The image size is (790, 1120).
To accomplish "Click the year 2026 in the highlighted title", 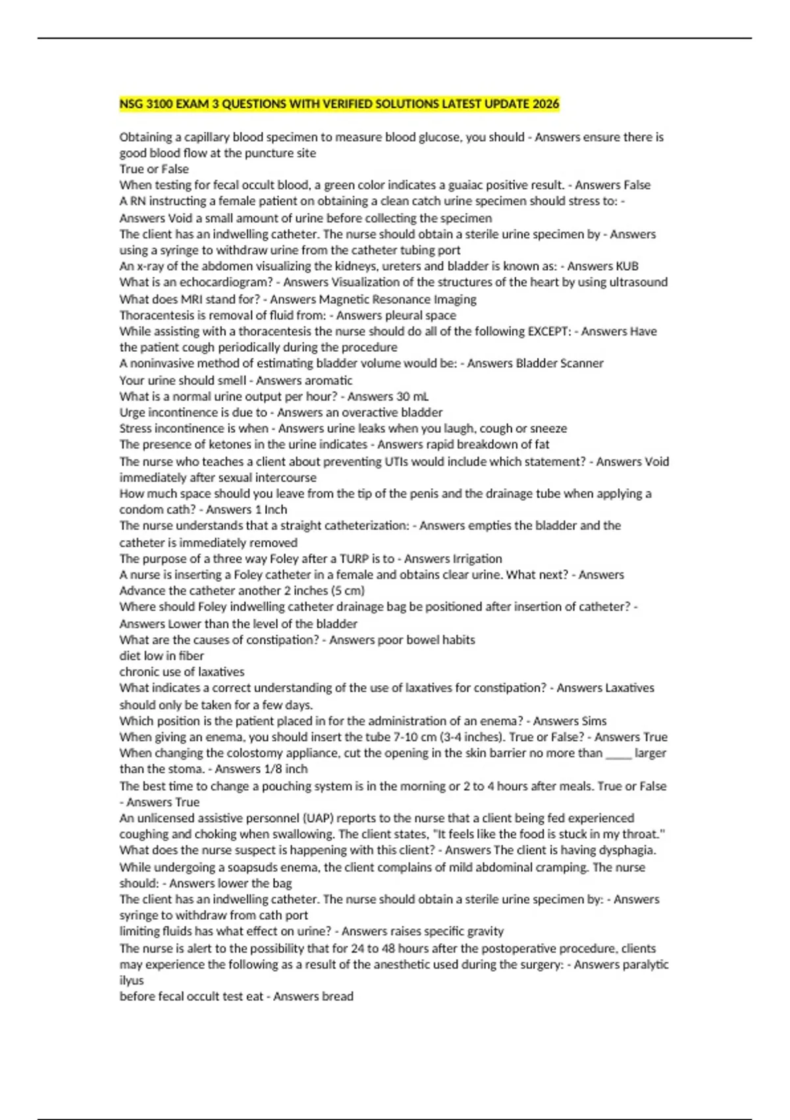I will coord(544,104).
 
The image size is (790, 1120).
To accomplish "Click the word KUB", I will coord(626,266).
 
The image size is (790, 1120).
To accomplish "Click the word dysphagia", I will coord(626,850).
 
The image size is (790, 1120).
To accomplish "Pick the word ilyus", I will coord(131,980).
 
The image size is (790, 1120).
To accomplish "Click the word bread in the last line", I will coord(336,996).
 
